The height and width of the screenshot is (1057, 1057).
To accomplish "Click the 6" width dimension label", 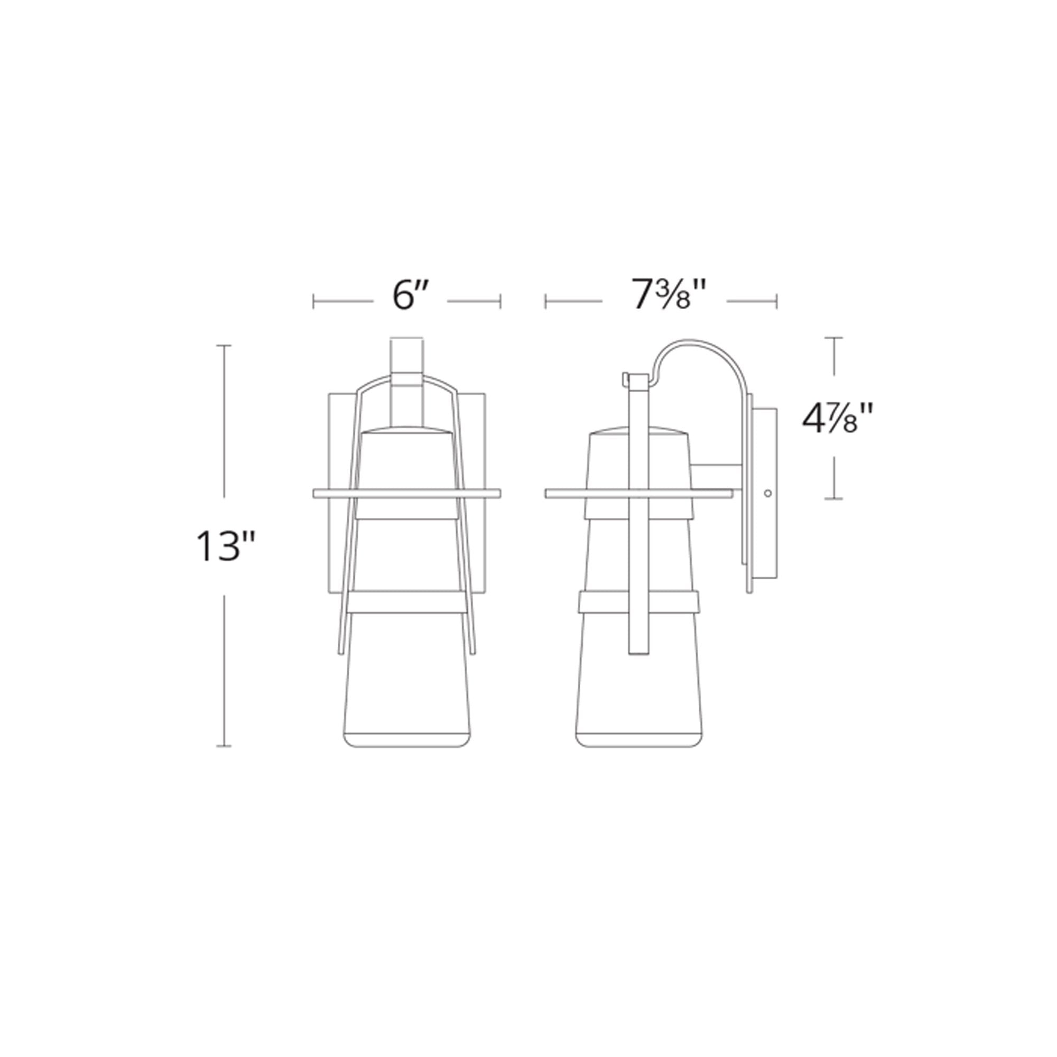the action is point(410,296).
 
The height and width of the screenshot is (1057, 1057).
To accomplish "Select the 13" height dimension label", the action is point(225,546).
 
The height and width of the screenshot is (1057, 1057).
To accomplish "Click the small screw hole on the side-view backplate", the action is point(767,494).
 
